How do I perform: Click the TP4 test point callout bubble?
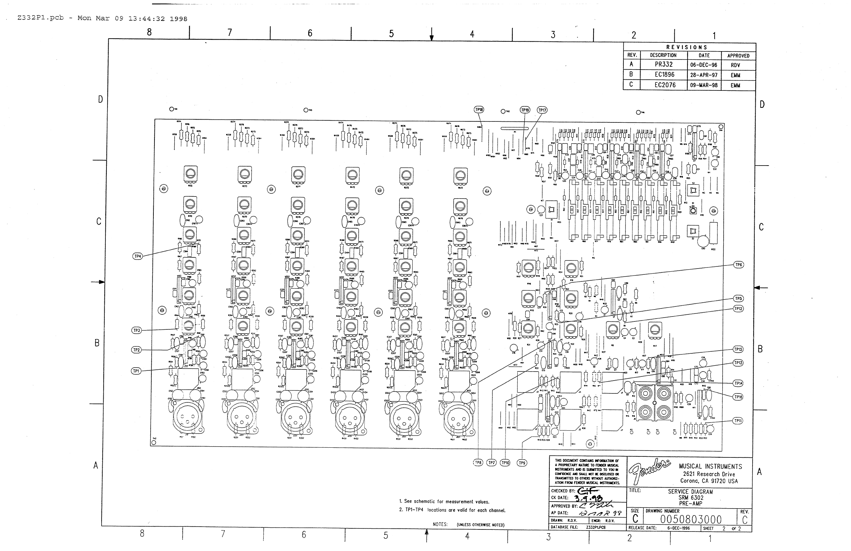coord(138,256)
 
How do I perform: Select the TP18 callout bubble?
coord(479,110)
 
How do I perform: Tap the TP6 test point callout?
coord(738,265)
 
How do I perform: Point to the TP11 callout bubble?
coord(738,421)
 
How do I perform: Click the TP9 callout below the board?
coord(522,463)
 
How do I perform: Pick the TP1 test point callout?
coord(136,371)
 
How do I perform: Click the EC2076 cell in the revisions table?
coord(665,85)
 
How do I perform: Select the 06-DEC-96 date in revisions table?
coord(703,65)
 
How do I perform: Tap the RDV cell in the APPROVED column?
coord(735,65)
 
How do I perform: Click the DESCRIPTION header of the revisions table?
coord(663,55)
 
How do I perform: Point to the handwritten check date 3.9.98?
coord(590,498)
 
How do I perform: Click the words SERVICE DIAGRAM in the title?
coord(690,492)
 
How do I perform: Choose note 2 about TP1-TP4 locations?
coord(452,510)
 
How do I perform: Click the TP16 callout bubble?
coord(738,397)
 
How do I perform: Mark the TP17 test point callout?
coord(542,110)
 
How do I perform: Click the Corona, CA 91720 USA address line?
coord(709,481)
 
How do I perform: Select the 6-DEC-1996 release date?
coord(678,528)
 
